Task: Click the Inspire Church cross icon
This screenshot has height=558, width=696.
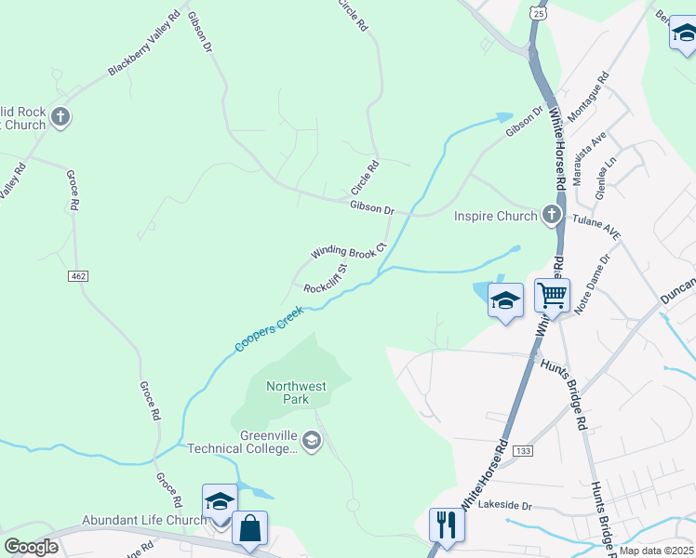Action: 552,216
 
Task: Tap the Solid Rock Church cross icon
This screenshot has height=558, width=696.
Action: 60,117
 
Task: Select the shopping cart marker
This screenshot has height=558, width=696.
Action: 553,297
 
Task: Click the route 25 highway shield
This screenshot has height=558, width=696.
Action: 538,12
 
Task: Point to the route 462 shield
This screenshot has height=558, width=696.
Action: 78,276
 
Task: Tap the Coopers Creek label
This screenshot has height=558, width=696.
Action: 270,329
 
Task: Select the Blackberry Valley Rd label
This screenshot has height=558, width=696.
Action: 143,44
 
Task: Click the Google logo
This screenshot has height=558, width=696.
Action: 31,546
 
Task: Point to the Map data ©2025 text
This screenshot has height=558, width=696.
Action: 655,551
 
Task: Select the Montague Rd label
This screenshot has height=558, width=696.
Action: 589,94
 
